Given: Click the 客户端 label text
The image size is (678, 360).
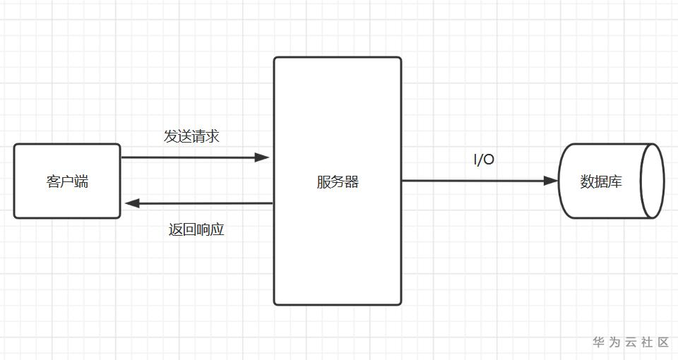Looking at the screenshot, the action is pyautogui.click(x=67, y=181).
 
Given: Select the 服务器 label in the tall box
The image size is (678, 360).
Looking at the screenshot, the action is pyautogui.click(x=338, y=181).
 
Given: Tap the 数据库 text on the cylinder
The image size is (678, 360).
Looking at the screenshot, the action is pyautogui.click(x=601, y=181).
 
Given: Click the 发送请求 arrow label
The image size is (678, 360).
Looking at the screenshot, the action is pyautogui.click(x=191, y=136).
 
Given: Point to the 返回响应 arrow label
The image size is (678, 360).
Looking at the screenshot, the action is pyautogui.click(x=196, y=229).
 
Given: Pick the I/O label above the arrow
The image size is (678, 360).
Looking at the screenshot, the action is pyautogui.click(x=484, y=160).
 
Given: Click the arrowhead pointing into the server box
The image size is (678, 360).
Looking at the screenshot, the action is pyautogui.click(x=262, y=157).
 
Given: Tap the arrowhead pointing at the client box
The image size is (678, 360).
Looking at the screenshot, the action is pyautogui.click(x=132, y=203).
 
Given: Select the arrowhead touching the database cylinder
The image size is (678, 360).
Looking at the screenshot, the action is pyautogui.click(x=550, y=181).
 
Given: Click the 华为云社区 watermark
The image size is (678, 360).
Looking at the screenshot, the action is pyautogui.click(x=631, y=342).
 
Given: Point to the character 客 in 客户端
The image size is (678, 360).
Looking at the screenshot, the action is pyautogui.click(x=53, y=181).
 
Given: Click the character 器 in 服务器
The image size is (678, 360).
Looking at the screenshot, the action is pyautogui.click(x=352, y=181).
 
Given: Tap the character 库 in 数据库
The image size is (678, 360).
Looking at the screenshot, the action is pyautogui.click(x=615, y=181).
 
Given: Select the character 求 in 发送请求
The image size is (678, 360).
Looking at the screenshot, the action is pyautogui.click(x=213, y=136).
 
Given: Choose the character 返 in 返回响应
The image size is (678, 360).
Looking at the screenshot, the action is pyautogui.click(x=175, y=229).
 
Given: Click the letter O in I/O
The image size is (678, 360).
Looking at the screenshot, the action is pyautogui.click(x=489, y=160).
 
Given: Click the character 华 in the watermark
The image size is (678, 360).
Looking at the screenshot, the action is pyautogui.click(x=598, y=342).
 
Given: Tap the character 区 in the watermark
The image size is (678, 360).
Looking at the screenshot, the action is pyautogui.click(x=663, y=342).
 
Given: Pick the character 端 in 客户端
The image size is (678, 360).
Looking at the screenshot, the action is pyautogui.click(x=81, y=181).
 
